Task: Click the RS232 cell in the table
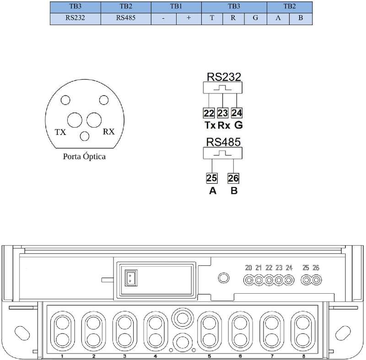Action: [75, 19]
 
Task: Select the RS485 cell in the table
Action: [126, 19]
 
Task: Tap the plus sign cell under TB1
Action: [189, 19]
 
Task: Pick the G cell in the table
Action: [255, 19]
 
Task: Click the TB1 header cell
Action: [176, 7]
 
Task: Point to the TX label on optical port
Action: [60, 132]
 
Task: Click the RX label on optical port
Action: [109, 132]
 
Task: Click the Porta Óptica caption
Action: [84, 156]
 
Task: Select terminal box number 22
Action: [209, 113]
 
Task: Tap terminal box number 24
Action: [237, 113]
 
